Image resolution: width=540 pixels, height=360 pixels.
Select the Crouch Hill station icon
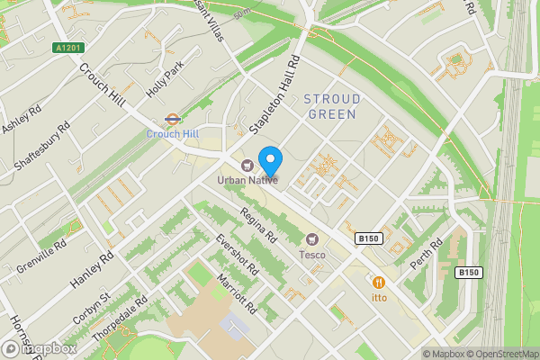pyautogui.click(x=171, y=119)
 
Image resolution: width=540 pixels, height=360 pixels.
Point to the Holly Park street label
pyautogui.click(x=166, y=79)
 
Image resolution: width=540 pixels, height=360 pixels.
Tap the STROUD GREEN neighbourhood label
pyautogui.click(x=332, y=106)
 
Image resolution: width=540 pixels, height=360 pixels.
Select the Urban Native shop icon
pyautogui.click(x=247, y=164)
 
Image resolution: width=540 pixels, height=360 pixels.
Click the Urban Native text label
pyautogui.click(x=246, y=180)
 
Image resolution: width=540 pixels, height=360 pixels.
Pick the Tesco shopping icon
pyautogui.click(x=313, y=239)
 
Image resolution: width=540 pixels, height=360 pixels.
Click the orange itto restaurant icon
pyautogui.click(x=378, y=281)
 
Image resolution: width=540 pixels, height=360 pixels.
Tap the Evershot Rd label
pyautogui.click(x=237, y=255)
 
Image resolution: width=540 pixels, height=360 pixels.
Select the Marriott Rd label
pyautogui.click(x=237, y=294)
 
